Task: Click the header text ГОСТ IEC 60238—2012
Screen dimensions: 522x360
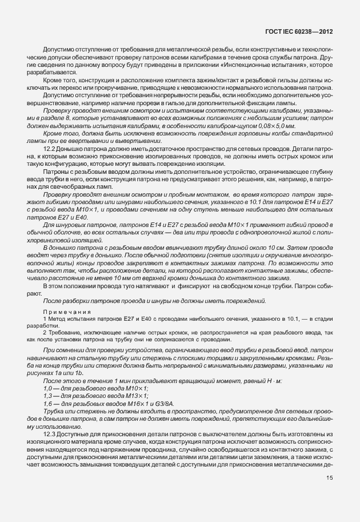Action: coord(300,33)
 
